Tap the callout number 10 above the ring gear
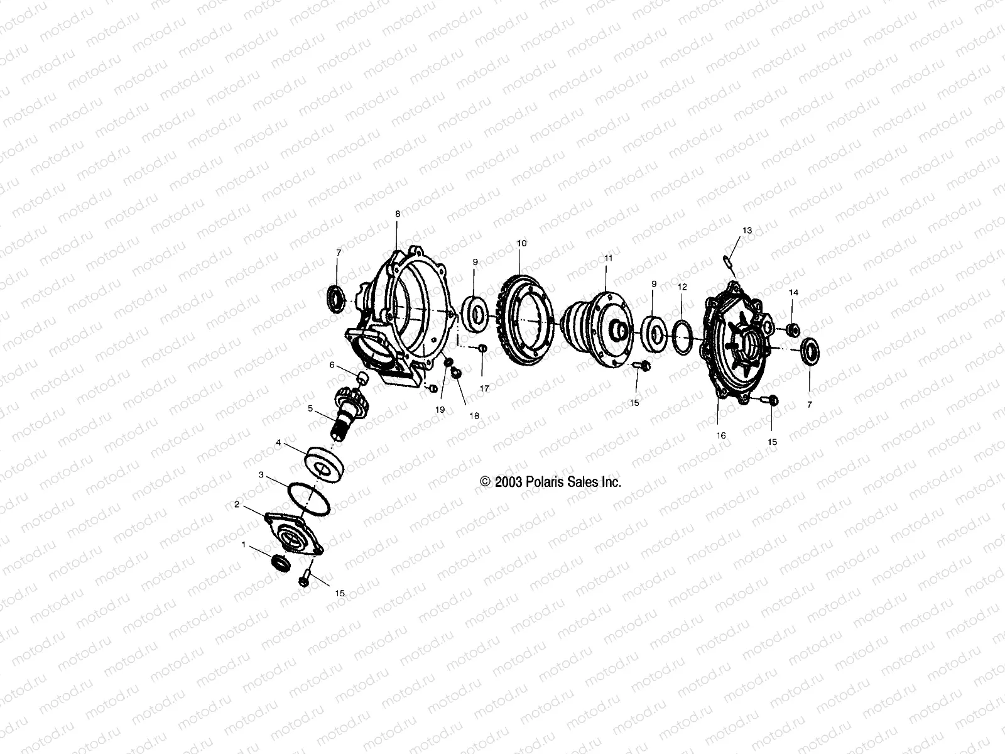(x=522, y=243)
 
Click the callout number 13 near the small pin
(x=747, y=231)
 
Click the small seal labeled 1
(x=281, y=563)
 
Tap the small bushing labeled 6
(x=362, y=378)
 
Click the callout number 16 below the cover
(x=721, y=435)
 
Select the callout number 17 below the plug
(x=484, y=389)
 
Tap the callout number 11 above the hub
(x=608, y=258)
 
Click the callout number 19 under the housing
(x=440, y=409)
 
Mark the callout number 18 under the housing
(x=474, y=415)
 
